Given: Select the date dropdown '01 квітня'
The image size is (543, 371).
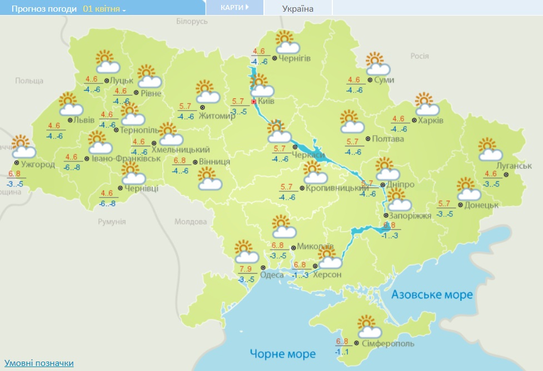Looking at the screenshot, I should pyautogui.click(x=104, y=9).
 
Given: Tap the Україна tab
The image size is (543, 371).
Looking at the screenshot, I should pyautogui.click(x=297, y=8).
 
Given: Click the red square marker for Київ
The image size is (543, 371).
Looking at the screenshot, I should pyautogui.click(x=254, y=102).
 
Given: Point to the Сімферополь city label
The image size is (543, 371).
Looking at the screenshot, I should pyautogui.click(x=387, y=344).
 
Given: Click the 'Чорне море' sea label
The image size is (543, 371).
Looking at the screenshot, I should pyautogui.click(x=282, y=354).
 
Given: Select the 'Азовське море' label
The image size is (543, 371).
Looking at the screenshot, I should pyautogui.click(x=432, y=294).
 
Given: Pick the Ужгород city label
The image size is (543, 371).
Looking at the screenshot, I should pyautogui.click(x=38, y=165).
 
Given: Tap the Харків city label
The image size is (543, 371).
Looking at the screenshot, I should pyautogui.click(x=431, y=121).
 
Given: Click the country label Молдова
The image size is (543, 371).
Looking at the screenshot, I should pyautogui.click(x=190, y=221).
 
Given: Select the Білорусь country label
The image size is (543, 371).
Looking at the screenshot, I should pyautogui.click(x=192, y=21).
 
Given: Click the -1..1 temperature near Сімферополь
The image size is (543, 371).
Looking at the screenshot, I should pyautogui.click(x=341, y=352).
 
